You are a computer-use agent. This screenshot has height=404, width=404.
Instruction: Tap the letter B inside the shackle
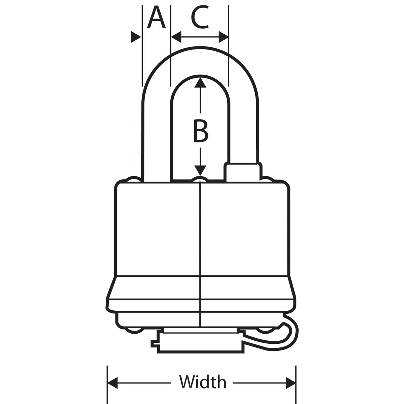pyautogui.click(x=201, y=130)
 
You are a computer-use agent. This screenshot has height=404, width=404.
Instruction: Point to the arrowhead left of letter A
pyautogui.click(x=135, y=37)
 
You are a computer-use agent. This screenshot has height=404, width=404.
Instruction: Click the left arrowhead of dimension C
pyautogui.click(x=176, y=37)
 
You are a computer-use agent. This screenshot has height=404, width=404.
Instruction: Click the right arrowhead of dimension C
pyautogui.click(x=224, y=37)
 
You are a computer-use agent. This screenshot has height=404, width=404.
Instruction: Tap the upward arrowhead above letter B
pyautogui.click(x=200, y=82)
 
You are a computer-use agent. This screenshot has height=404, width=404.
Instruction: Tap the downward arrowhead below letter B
pyautogui.click(x=200, y=170)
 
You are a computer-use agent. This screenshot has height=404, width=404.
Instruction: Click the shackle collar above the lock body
pyautogui.click(x=243, y=172)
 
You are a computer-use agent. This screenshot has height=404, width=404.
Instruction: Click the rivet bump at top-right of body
pyautogui.click(x=268, y=179)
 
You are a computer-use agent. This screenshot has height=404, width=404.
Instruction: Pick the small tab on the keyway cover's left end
pyautogui.click(x=154, y=344)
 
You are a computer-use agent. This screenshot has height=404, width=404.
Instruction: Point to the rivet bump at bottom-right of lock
pyautogui.click(x=267, y=330)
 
